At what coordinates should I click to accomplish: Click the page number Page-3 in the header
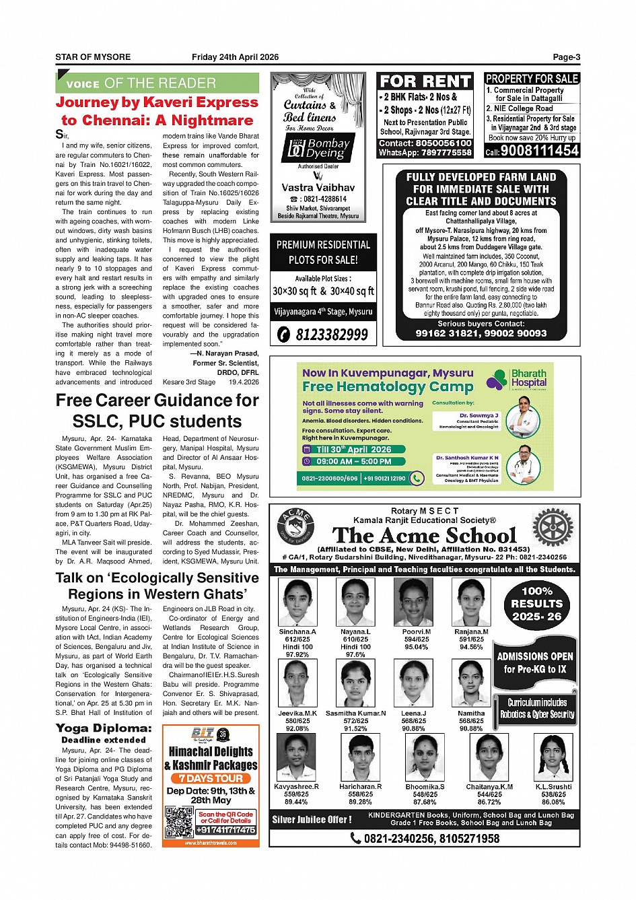tap(566, 57)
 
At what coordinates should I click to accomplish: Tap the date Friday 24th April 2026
tap(235, 57)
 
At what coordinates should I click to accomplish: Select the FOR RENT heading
tap(425, 81)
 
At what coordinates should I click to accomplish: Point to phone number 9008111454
tap(539, 151)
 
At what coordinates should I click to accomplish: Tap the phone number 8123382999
tap(324, 334)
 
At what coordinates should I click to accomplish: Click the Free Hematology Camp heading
tap(388, 387)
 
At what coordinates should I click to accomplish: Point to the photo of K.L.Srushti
tap(553, 757)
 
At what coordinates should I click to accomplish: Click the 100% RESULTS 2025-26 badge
tap(536, 603)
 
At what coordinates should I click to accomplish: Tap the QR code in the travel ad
tap(180, 822)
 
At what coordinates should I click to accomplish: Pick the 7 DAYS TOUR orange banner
tap(211, 778)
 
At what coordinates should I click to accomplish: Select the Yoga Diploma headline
tap(104, 728)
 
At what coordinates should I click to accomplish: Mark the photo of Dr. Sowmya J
tap(524, 417)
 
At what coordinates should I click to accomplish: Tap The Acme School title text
tap(424, 536)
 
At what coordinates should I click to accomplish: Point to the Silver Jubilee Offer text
tap(312, 819)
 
